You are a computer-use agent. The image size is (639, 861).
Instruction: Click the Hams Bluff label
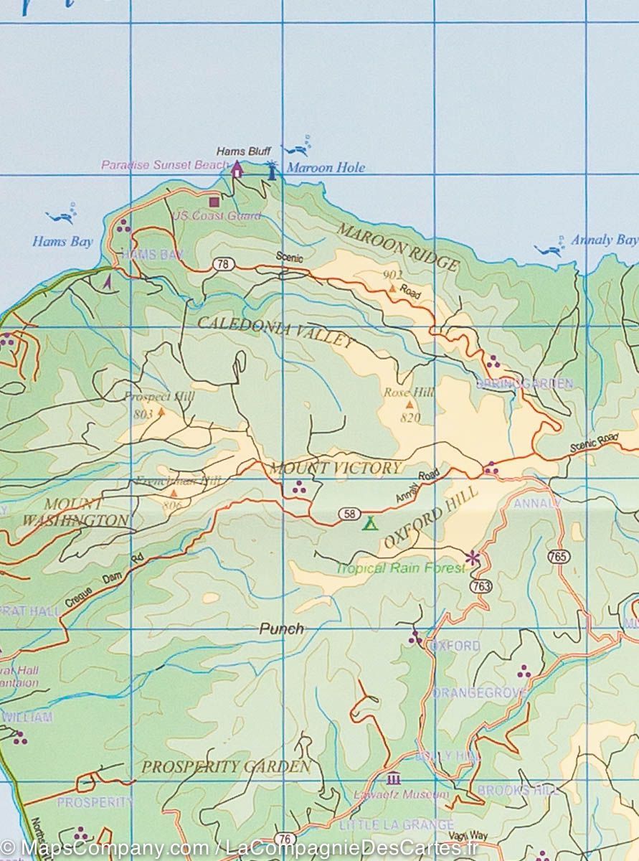(x=243, y=151)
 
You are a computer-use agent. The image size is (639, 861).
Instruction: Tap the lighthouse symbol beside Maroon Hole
(x=272, y=170)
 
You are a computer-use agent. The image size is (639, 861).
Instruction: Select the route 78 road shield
(x=223, y=265)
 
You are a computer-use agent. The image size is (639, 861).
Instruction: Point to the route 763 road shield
(x=482, y=586)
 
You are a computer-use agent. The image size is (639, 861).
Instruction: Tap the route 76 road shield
(x=285, y=839)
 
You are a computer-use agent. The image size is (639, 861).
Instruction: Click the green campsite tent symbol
(x=370, y=522)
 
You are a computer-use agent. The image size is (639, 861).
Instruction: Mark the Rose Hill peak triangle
(x=410, y=405)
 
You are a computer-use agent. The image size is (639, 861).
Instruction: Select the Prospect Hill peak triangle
(x=161, y=412)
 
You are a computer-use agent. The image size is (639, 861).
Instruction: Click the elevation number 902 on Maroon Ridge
(x=392, y=275)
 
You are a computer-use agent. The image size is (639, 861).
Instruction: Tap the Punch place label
(x=281, y=629)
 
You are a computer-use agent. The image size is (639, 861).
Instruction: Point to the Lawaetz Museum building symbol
(x=393, y=778)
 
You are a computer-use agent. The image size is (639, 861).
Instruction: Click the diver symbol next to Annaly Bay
(x=551, y=249)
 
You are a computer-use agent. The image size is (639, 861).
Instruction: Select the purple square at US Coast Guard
(x=214, y=202)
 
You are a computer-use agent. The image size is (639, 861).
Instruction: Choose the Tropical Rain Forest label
(x=400, y=568)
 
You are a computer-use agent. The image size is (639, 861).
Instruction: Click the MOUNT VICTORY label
(x=335, y=469)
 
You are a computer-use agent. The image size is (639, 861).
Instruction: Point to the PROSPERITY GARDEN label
(x=226, y=766)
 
